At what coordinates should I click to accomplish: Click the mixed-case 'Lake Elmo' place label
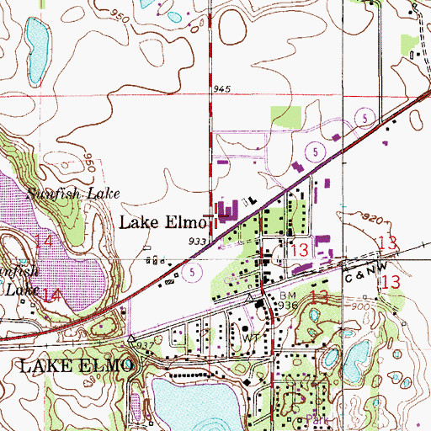[162, 223]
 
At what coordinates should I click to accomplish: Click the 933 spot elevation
[198, 241]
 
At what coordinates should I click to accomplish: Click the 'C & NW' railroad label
[364, 274]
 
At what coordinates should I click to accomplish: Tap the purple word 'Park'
[313, 418]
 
